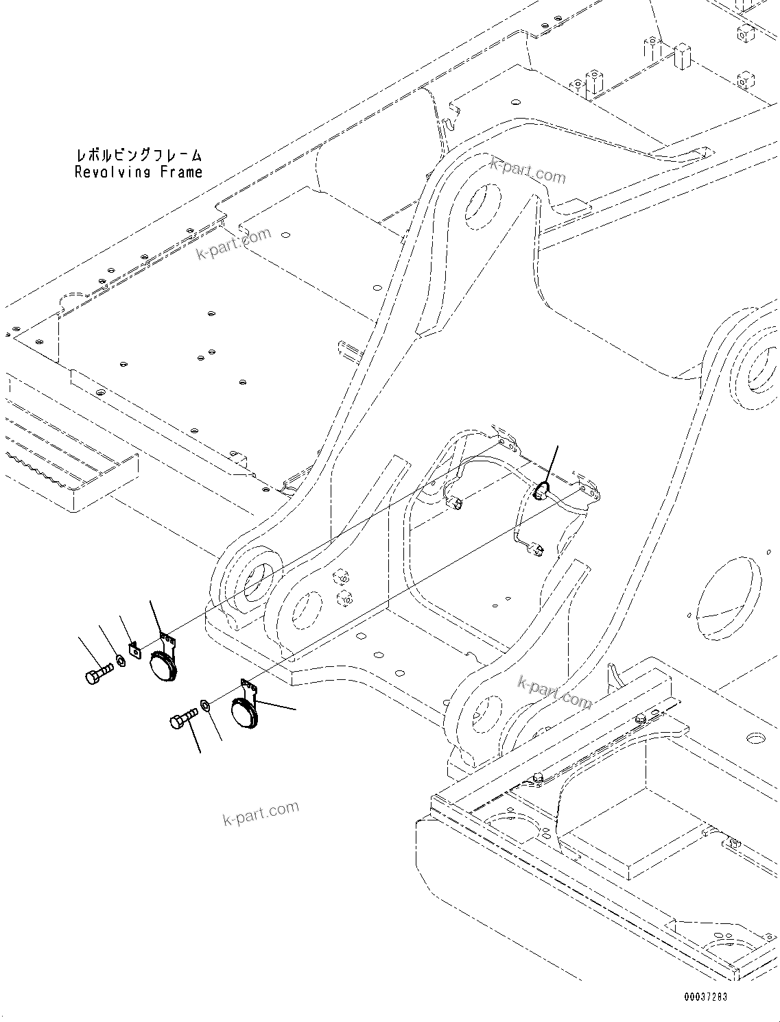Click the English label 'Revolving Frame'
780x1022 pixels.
[x=139, y=172]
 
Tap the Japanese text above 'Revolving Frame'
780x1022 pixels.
[x=139, y=156]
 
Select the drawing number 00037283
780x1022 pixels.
[x=705, y=997]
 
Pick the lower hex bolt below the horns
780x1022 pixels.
[x=182, y=719]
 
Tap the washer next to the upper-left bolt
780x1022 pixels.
[x=121, y=660]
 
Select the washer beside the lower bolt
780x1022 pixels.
[x=206, y=704]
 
